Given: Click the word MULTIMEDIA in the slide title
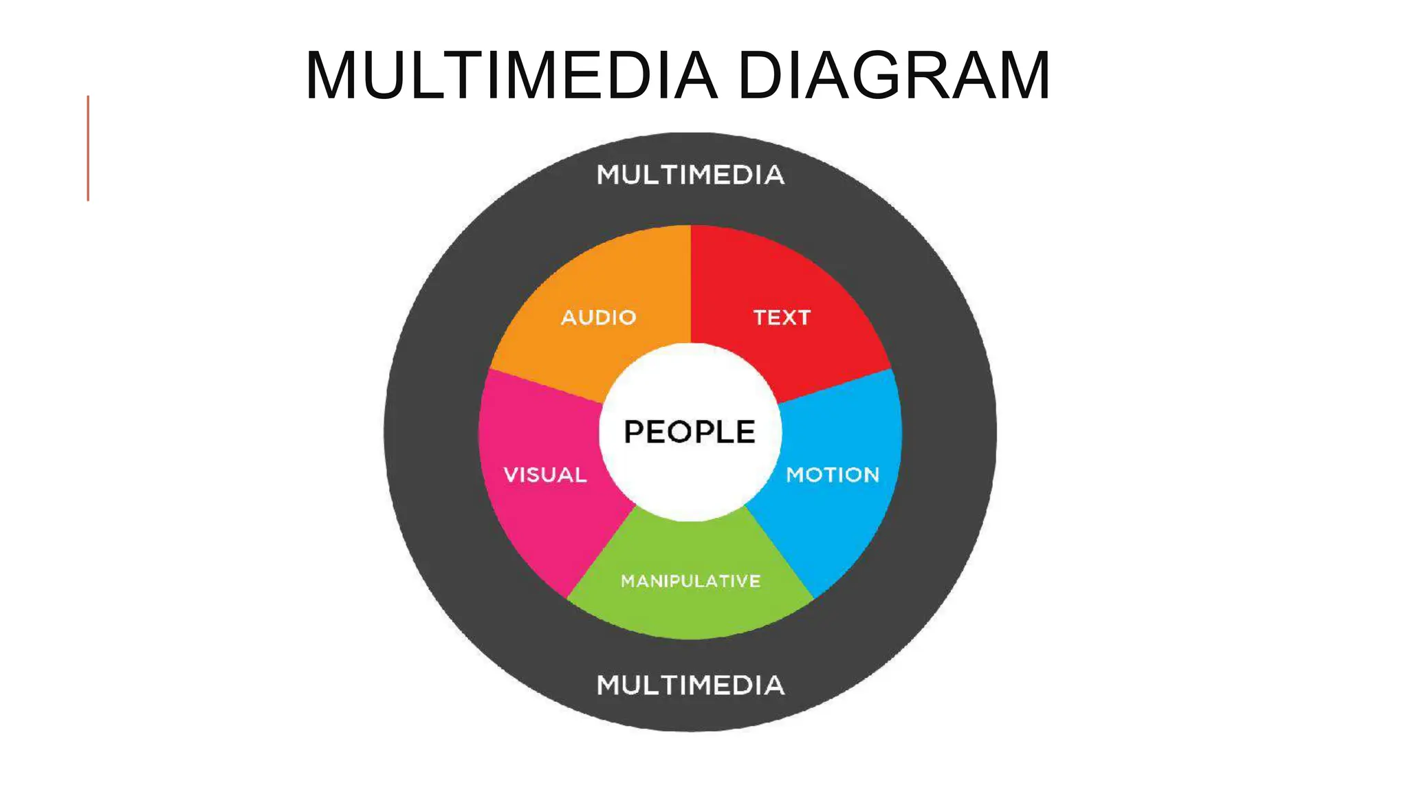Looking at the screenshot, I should (511, 76).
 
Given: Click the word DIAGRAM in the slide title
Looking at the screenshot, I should (894, 76).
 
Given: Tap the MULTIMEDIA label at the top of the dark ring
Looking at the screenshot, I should (690, 175).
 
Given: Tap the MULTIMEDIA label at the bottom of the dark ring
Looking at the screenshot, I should (690, 685).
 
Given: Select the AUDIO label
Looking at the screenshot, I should (598, 318).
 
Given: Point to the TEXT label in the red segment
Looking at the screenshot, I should (782, 318).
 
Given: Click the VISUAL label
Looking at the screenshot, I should (545, 474).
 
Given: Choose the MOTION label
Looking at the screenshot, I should (833, 474).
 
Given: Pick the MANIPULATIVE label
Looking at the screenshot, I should (690, 581).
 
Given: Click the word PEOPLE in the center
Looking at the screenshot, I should (690, 432).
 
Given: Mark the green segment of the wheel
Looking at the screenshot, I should (690, 612).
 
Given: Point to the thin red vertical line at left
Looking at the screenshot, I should (88, 148).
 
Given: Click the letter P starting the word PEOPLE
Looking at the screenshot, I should (633, 432).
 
